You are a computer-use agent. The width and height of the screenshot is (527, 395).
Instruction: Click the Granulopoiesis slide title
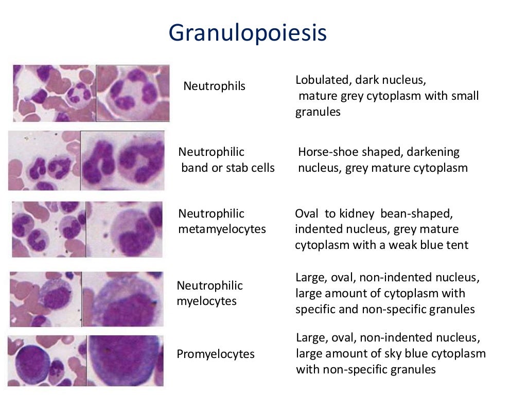coord(248,33)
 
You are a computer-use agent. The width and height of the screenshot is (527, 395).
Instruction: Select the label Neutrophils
coord(214,86)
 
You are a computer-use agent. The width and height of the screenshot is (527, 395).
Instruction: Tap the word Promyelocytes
coord(216,354)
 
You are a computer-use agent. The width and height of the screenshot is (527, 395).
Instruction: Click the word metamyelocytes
coord(222,229)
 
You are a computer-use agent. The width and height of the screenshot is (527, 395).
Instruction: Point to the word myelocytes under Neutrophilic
coord(206,301)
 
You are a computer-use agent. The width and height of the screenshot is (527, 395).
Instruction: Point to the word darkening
coord(431,152)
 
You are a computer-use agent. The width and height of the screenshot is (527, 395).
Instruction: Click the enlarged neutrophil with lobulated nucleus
coord(133,93)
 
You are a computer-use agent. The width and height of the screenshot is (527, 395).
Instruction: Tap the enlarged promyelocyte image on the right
coord(125,360)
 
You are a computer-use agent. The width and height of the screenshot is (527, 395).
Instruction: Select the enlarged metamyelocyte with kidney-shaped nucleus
coord(125,229)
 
